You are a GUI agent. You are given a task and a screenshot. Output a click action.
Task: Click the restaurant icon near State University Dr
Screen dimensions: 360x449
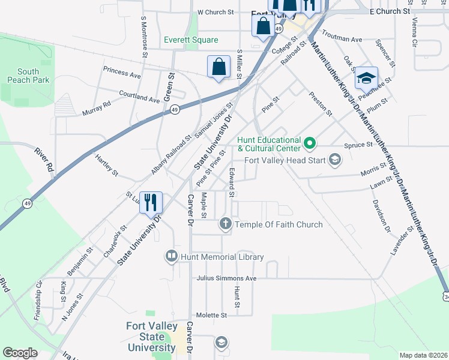pos(151,201)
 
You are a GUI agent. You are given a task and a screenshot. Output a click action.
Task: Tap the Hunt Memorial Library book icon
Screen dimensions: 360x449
pos(171,257)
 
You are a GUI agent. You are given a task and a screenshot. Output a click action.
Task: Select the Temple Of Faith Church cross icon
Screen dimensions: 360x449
pos(226,224)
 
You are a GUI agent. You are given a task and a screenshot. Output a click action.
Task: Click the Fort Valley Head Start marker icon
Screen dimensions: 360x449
pos(334,160)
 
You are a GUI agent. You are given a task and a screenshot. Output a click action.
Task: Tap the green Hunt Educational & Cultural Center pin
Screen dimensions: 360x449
pos(310,143)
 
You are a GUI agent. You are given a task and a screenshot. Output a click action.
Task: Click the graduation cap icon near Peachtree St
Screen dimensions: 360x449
pos(366,77)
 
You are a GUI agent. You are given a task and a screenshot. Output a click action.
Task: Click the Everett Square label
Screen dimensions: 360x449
pos(191,40)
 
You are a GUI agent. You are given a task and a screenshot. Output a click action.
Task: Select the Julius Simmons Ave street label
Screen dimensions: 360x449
pos(226,278)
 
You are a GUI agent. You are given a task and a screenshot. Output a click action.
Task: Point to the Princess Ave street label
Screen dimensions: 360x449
pos(122,73)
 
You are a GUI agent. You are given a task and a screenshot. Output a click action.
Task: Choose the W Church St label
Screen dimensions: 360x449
pos(215,12)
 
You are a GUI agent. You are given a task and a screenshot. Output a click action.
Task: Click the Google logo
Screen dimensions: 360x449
pos(20,352)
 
